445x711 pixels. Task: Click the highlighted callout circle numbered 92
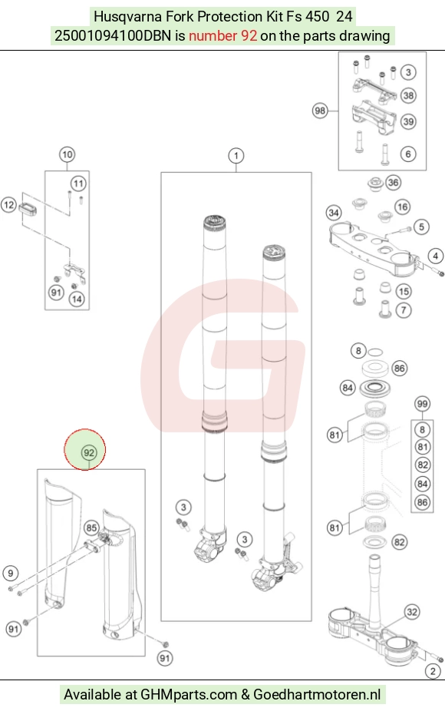point(89,452)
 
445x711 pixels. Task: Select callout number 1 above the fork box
point(236,156)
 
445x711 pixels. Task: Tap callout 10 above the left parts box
point(67,154)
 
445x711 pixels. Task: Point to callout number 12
point(8,205)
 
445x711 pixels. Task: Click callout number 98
point(320,111)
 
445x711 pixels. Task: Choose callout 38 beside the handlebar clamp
point(408,95)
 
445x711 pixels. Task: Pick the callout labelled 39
point(408,121)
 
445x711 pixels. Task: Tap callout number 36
point(393,183)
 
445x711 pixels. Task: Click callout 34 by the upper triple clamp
point(334,213)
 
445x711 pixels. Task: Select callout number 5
point(421,227)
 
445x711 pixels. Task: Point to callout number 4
point(436,256)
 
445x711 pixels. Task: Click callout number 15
point(404,292)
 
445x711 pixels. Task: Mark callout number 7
point(404,311)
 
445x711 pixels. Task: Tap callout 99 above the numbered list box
point(422,404)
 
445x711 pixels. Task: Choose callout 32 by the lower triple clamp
point(411,612)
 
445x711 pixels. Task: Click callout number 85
point(91,527)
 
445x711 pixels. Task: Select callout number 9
point(11,573)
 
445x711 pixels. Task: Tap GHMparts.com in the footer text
point(189,694)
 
